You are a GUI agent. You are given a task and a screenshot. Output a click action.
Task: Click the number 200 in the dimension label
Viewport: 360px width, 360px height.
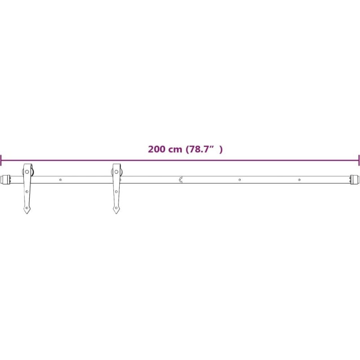[x=157, y=149]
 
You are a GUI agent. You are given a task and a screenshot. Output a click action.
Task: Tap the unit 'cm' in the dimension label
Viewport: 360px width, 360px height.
[x=175, y=150]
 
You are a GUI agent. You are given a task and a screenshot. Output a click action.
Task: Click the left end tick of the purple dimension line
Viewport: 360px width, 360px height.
[x=1, y=160]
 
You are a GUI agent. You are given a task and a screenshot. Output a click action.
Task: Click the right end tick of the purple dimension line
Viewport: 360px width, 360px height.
[x=359, y=160]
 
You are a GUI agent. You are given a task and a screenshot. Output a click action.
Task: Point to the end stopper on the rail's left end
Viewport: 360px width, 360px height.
[x=6, y=180]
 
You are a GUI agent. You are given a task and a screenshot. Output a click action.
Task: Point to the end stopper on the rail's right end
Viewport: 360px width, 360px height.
[x=355, y=180]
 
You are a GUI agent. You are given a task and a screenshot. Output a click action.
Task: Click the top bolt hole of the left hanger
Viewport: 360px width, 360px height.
[x=27, y=172]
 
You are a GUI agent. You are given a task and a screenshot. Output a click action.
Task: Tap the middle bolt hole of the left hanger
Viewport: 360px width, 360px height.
[x=27, y=192]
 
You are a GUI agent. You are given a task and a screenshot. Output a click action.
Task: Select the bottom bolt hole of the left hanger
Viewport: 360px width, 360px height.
[x=27, y=208]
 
